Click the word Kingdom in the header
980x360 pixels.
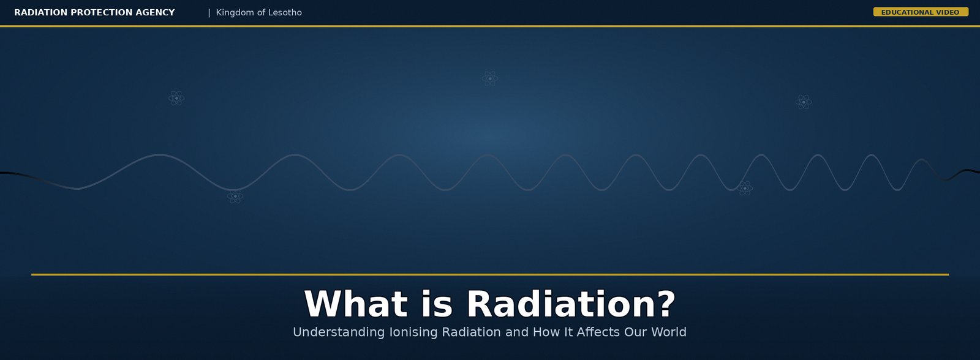pyautogui.click(x=235, y=13)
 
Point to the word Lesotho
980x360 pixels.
pyautogui.click(x=285, y=13)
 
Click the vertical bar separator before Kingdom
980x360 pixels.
pyautogui.click(x=209, y=13)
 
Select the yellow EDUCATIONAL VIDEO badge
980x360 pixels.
pyautogui.click(x=921, y=12)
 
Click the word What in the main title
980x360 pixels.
pyautogui.click(x=356, y=304)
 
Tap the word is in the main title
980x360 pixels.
pyautogui.click(x=437, y=304)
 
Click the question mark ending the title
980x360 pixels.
pyautogui.click(x=663, y=304)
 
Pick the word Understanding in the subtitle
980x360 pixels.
pyautogui.click(x=339, y=332)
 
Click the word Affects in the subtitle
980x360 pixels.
pyautogui.click(x=598, y=332)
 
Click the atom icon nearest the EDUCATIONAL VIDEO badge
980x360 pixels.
pyautogui.click(x=804, y=102)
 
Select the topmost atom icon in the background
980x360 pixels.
pyautogui.click(x=490, y=79)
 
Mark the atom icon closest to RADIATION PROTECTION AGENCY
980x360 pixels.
pyautogui.click(x=176, y=98)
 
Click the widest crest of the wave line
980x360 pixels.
pyautogui.click(x=160, y=155)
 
